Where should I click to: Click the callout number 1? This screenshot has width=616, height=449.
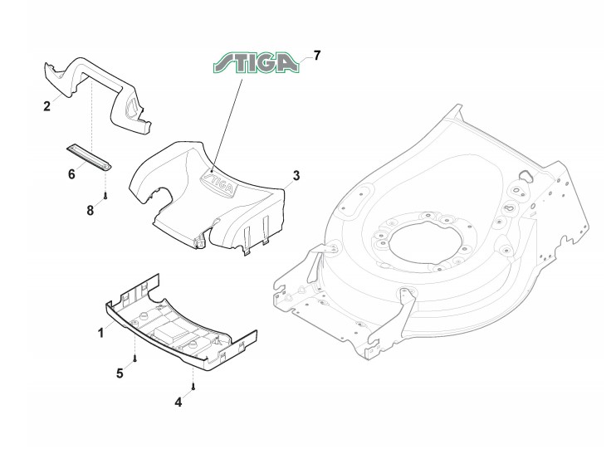100,332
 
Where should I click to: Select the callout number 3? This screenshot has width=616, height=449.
295,176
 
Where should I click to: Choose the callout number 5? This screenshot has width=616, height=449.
120,373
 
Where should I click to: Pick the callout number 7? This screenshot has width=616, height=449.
317,56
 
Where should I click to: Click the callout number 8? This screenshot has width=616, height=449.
90,210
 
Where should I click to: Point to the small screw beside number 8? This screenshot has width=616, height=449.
106,198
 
